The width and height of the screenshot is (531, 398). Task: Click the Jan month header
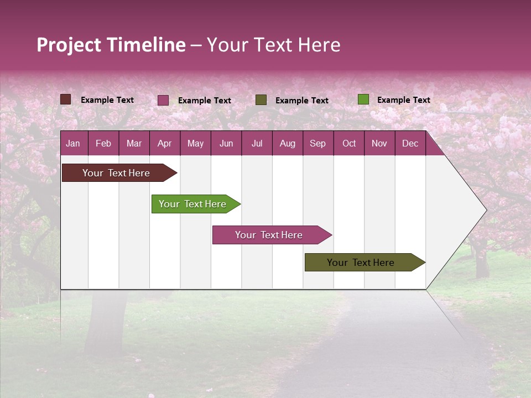pos(73,144)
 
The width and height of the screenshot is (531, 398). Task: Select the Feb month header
pos(103,144)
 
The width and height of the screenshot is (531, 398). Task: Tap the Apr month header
pos(164,144)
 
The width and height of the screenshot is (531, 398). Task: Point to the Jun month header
pos(226,144)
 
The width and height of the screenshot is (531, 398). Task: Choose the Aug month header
pos(287,144)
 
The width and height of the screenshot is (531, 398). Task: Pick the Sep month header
pos(317,144)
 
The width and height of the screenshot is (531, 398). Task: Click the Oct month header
pos(349,144)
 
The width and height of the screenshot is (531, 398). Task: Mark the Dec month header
pos(410,144)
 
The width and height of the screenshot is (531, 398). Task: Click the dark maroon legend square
pos(66,99)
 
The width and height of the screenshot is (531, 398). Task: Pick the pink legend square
pos(163,100)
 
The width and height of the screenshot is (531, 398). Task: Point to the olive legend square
pos(261,99)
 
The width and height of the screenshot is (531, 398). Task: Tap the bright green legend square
pos(363,99)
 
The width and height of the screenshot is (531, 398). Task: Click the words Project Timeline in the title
pos(111,45)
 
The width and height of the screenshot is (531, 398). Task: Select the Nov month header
pos(379,144)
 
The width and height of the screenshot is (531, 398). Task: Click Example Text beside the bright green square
pos(403,100)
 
